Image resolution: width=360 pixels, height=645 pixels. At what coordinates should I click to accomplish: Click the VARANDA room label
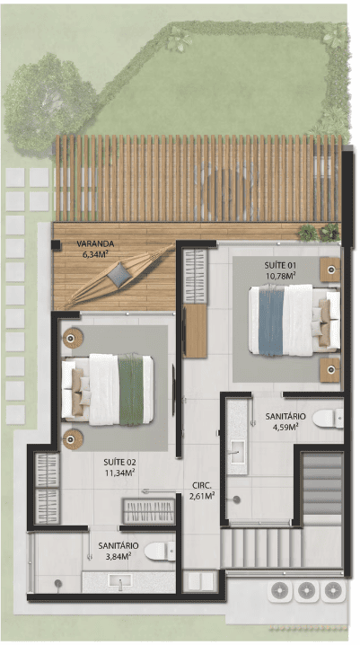tap(95, 244)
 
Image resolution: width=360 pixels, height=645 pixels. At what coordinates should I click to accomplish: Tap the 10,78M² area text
tap(281, 275)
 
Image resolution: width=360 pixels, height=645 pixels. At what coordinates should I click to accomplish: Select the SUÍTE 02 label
tap(119, 462)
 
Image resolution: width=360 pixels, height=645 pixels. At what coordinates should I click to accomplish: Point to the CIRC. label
tap(201, 485)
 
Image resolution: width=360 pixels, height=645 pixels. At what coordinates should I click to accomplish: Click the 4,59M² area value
tap(285, 427)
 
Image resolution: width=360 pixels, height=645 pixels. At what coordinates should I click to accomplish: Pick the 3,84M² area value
tap(119, 556)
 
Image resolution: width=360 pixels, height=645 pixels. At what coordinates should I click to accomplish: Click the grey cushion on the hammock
tap(119, 275)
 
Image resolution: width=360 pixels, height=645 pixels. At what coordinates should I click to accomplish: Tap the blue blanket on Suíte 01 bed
tap(271, 321)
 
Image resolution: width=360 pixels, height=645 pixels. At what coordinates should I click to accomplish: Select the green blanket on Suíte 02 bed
tap(131, 389)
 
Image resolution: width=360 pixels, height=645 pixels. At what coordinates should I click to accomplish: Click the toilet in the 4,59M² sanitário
tap(328, 419)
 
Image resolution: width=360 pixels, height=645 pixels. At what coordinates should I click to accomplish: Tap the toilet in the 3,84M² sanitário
tap(160, 552)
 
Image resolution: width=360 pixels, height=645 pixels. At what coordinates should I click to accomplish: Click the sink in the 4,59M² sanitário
tap(238, 451)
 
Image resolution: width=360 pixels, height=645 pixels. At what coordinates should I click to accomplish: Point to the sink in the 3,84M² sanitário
tap(119, 581)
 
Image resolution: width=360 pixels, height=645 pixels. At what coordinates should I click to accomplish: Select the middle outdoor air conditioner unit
tap(306, 591)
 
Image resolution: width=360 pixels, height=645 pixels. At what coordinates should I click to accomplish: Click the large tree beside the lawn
tap(48, 102)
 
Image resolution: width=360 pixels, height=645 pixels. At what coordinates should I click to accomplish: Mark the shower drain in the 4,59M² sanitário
tap(236, 499)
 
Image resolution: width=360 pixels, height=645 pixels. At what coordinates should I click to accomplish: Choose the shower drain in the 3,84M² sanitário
tap(58, 583)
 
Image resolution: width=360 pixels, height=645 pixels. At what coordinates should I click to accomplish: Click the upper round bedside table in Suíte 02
tap(73, 338)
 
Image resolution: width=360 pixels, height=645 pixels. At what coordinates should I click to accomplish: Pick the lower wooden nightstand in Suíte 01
tap(330, 369)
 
